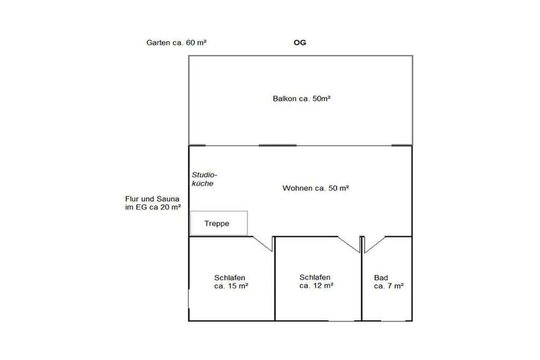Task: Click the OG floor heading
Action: pos(300,43)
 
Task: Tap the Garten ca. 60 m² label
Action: pos(176,43)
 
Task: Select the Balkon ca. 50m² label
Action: pos(302,99)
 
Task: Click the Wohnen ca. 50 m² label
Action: pos(316,188)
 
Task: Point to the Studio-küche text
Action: pos(205,179)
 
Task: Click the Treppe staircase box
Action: pos(219,223)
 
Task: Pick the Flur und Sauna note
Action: pos(153,203)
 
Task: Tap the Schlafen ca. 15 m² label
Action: pos(231,282)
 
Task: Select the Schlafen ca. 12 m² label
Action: pos(316,281)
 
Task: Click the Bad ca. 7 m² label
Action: pos(389,282)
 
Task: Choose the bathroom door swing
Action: pos(374,245)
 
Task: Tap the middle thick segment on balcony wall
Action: pos(277,145)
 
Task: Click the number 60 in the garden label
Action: pos(190,43)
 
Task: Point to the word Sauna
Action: pos(168,199)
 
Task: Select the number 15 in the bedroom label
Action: pos(232,286)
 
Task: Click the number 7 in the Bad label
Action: pos(391,286)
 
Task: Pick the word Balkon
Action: pos(284,99)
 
